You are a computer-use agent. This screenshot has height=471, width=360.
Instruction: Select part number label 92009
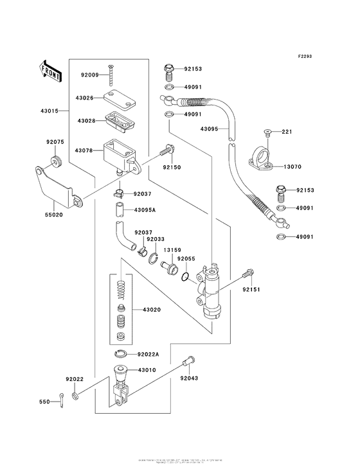click(90, 75)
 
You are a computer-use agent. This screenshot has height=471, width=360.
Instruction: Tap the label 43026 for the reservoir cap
click(85, 98)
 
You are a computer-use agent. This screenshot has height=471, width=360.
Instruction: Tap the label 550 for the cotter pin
click(44, 402)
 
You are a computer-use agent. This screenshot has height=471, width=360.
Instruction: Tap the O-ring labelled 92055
click(184, 278)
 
